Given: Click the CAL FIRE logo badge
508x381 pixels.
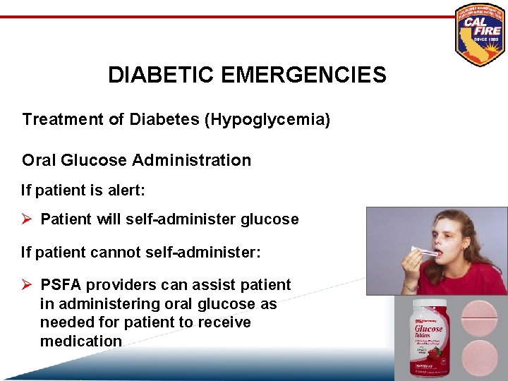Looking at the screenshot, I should [x=480, y=35].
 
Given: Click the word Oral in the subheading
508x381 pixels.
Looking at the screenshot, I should [x=37, y=160].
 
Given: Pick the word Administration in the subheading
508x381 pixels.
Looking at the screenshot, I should [x=190, y=160].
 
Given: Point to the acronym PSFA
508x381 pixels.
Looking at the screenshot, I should [x=60, y=285].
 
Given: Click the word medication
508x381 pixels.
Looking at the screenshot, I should [x=81, y=341].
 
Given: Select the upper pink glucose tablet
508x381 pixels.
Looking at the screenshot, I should [x=484, y=317].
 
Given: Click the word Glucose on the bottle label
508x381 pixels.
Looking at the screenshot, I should [x=430, y=328].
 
